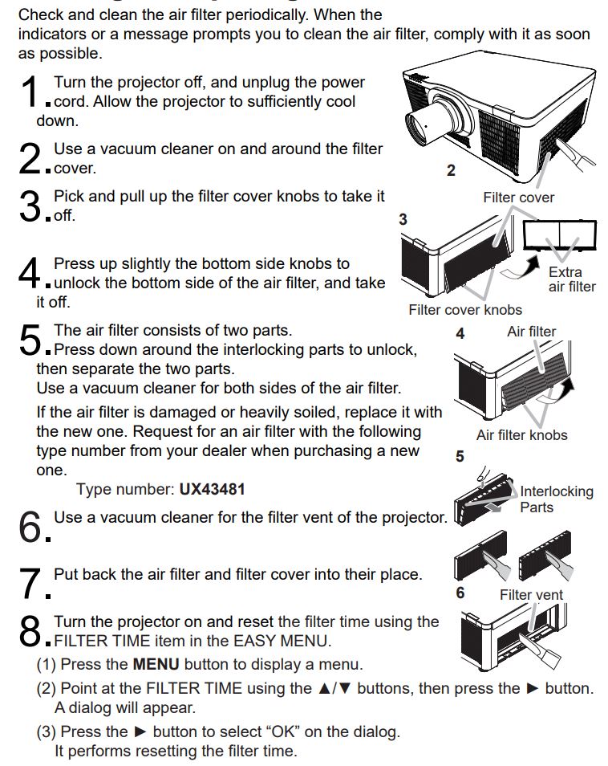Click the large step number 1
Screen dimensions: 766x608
[x=28, y=92]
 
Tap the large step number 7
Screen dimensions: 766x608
[x=28, y=585]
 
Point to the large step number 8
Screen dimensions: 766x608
[x=28, y=632]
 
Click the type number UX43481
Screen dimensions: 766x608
[x=213, y=489]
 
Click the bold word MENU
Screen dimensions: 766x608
[x=156, y=665]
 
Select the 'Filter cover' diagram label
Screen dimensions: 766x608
[x=518, y=198]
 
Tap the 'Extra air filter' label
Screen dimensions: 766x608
[x=571, y=279]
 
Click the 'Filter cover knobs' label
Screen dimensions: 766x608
[x=464, y=310]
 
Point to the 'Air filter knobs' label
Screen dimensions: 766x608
[x=521, y=435]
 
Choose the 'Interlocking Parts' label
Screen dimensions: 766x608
[x=556, y=499]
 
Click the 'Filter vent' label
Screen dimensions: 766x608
[x=531, y=595]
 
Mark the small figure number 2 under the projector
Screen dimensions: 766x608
[x=451, y=170]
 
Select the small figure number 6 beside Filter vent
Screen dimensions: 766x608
[x=460, y=593]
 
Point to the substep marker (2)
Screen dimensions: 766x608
[x=47, y=689]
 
